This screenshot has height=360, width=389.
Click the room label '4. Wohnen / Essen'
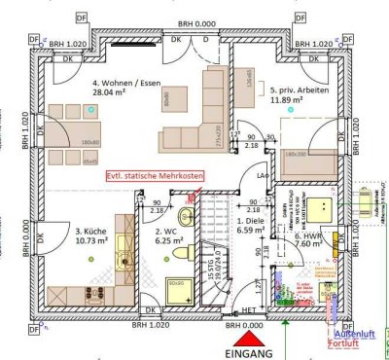tap(121, 85)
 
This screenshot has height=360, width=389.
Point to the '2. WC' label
tap(166, 233)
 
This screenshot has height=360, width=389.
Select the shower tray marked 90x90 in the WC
tap(178, 289)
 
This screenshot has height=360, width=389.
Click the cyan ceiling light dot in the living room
tap(89, 112)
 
